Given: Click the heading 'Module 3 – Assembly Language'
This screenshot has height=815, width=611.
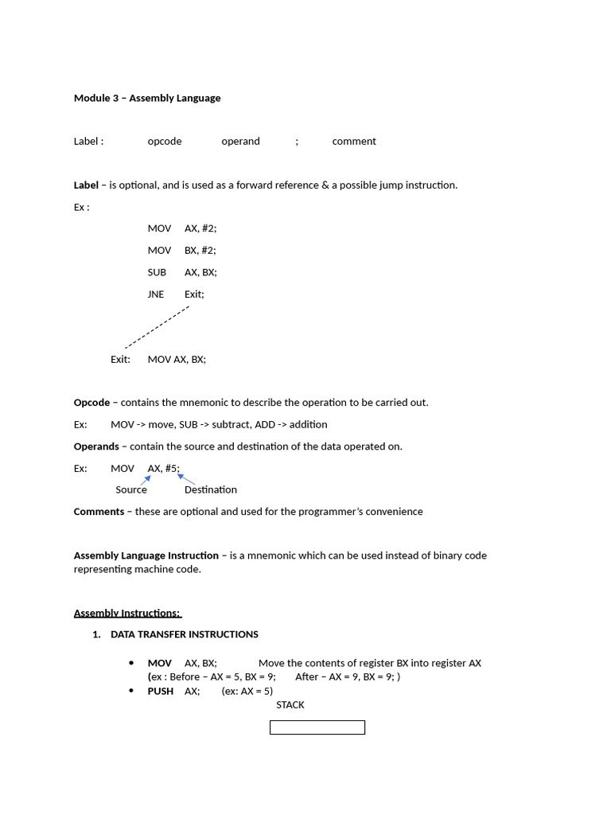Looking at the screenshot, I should pyautogui.click(x=147, y=98).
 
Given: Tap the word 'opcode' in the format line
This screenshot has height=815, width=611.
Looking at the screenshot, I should pyautogui.click(x=165, y=141).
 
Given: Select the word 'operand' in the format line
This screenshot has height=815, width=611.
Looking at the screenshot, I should pyautogui.click(x=240, y=141).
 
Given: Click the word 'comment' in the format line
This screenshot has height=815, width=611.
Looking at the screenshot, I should pyautogui.click(x=354, y=141).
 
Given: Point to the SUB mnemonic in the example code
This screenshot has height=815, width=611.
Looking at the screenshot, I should pyautogui.click(x=157, y=272).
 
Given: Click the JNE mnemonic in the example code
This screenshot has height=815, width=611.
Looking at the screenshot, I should pyautogui.click(x=156, y=294).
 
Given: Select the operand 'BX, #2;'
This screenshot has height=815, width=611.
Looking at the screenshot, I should pyautogui.click(x=200, y=250).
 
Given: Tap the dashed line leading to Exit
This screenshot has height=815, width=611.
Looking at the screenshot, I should pyautogui.click(x=157, y=327).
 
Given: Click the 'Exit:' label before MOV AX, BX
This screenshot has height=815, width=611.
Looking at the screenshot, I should pyautogui.click(x=120, y=359).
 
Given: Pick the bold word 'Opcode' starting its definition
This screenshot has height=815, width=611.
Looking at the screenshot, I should pyautogui.click(x=91, y=402).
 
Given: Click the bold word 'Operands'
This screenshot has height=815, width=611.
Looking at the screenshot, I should pyautogui.click(x=96, y=446).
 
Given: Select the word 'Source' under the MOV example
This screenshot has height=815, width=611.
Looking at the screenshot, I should pyautogui.click(x=131, y=489).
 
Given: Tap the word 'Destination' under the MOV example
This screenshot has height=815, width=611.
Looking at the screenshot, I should pyautogui.click(x=211, y=489).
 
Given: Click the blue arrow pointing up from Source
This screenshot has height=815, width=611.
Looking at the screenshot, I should pyautogui.click(x=146, y=479).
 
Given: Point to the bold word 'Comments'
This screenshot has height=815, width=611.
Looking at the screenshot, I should pyautogui.click(x=99, y=511).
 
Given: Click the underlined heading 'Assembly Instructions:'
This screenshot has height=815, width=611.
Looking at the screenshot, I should pyautogui.click(x=127, y=613).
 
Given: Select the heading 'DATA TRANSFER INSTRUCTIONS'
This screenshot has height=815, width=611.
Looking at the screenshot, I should pyautogui.click(x=185, y=634).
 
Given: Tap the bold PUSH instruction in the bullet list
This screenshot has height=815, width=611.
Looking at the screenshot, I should pyautogui.click(x=160, y=691).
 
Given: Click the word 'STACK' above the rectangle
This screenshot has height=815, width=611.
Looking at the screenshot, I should pyautogui.click(x=290, y=704).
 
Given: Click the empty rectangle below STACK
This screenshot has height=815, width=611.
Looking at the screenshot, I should pyautogui.click(x=317, y=727).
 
